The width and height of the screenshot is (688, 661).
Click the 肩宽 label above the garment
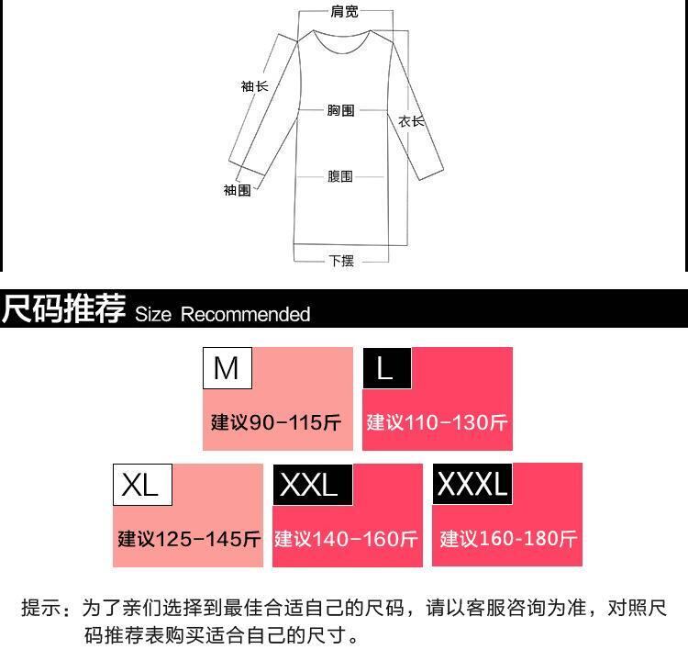(x=345, y=12)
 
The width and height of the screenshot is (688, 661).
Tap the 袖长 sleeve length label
(x=254, y=86)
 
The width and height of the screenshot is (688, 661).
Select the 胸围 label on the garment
(x=341, y=110)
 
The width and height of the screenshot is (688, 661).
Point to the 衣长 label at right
(x=411, y=121)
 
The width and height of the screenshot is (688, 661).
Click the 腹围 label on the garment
(x=340, y=176)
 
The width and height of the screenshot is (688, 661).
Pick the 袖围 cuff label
(x=237, y=190)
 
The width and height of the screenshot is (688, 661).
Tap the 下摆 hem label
(x=341, y=261)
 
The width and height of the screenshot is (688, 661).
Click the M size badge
(x=227, y=368)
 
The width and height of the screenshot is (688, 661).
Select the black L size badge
(x=386, y=368)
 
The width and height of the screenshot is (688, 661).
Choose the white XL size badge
(x=141, y=485)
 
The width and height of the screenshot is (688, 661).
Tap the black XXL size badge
(x=309, y=485)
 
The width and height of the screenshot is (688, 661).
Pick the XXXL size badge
(x=472, y=484)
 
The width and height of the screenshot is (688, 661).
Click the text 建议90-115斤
(x=276, y=422)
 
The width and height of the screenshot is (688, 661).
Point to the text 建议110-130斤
(x=437, y=422)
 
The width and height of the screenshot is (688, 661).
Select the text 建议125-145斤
(x=189, y=539)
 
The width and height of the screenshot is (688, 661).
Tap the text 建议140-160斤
(x=347, y=539)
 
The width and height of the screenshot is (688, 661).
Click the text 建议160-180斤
(x=508, y=539)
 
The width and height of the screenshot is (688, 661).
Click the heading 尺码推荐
(x=63, y=309)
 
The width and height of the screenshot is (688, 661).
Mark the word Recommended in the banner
(x=245, y=315)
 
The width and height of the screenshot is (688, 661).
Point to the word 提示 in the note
(x=43, y=608)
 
